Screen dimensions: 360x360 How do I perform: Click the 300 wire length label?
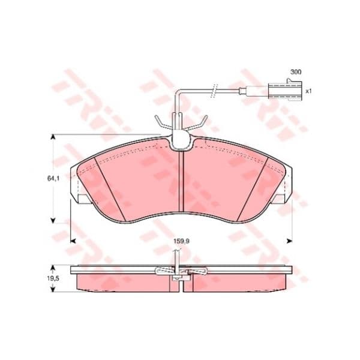coord(296,72)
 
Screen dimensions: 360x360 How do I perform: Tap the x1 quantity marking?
coord(308,91)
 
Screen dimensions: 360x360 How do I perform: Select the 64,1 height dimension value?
coord(53,178)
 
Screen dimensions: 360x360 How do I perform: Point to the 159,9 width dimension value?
coord(181,241)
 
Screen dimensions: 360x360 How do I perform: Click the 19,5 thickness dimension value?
coord(53,278)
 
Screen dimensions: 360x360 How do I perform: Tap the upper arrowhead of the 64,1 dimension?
coord(53,137)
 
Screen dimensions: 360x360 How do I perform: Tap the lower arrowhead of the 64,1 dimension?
coord(53,220)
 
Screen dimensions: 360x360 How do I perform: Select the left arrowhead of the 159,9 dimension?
coord(73,241)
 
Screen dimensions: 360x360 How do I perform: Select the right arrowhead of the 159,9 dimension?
coord(290,241)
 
